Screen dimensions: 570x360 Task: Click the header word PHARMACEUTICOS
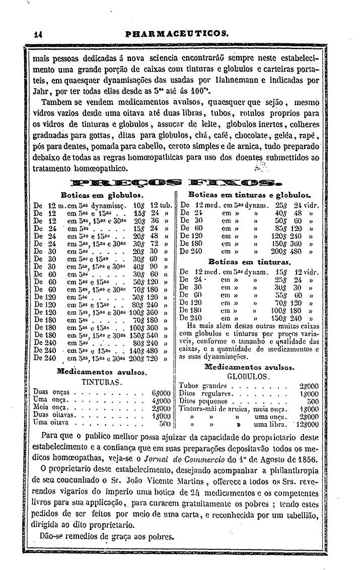pyautogui.click(x=179, y=35)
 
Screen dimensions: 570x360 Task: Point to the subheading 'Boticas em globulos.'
pyautogui.click(x=102, y=195)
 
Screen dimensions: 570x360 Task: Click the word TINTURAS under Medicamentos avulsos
pyautogui.click(x=102, y=382)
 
